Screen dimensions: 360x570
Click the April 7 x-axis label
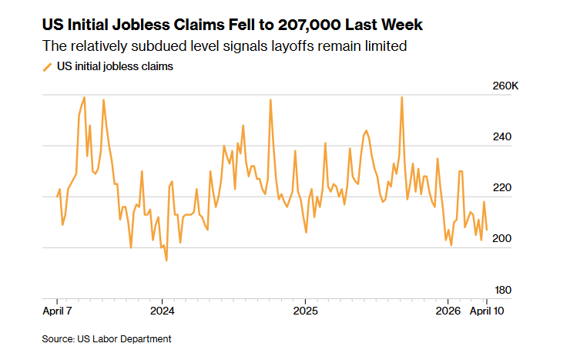pos(57,311)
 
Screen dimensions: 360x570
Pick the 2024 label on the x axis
pos(162,311)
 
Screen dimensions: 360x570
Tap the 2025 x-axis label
pos(305,311)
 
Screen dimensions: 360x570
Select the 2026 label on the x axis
pos(448,311)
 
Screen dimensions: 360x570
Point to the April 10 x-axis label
pos(487,311)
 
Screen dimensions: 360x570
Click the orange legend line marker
pos(48,67)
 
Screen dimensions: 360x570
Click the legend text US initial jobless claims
pos(115,67)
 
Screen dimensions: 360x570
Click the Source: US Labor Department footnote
pos(106,338)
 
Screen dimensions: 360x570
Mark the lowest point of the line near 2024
pos(166,261)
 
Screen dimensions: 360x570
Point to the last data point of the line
pos(487,230)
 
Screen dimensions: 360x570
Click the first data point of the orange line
pos(57,196)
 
